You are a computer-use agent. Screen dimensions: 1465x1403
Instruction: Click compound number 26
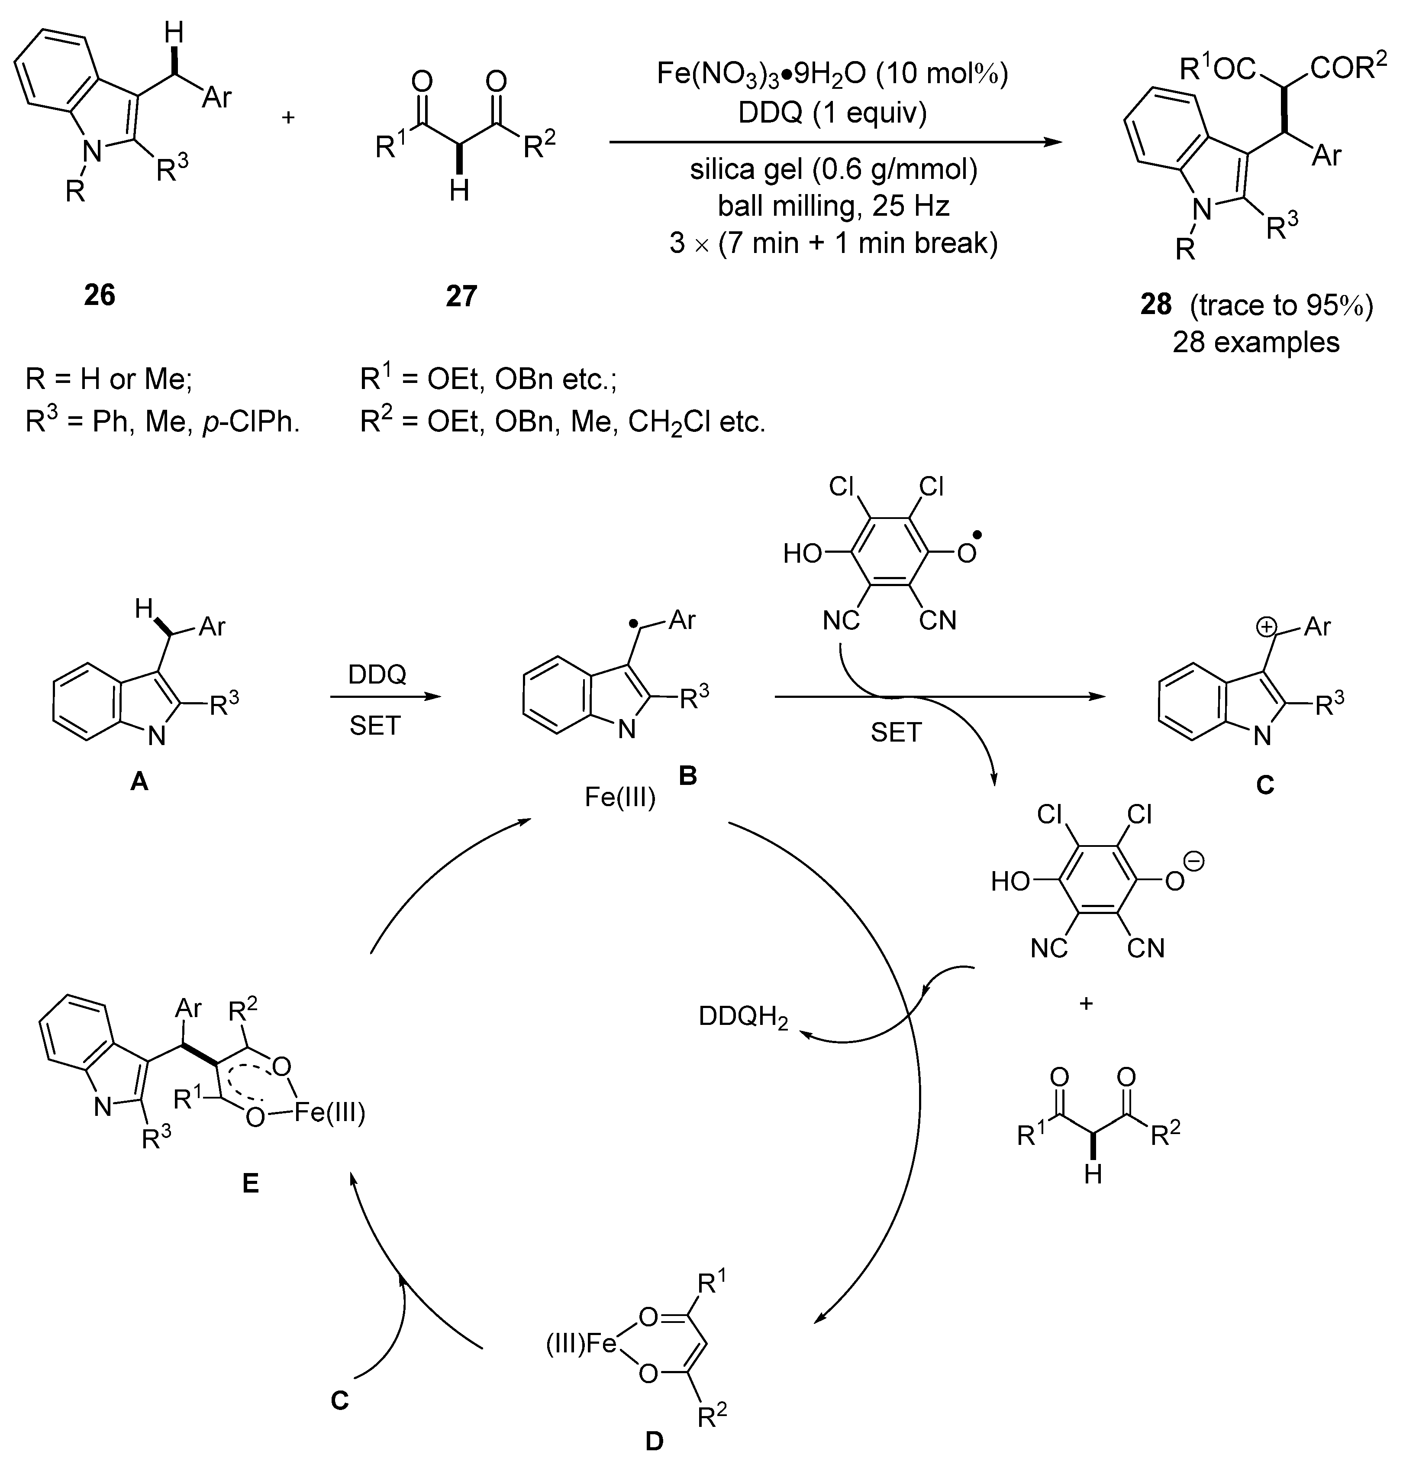pyautogui.click(x=100, y=295)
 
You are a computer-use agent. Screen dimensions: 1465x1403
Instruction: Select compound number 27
pyautogui.click(x=461, y=296)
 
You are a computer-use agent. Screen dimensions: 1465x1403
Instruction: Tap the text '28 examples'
pyautogui.click(x=1256, y=342)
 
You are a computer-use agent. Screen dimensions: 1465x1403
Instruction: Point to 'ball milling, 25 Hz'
pyautogui.click(x=833, y=206)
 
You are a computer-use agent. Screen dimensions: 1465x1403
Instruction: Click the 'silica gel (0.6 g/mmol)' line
pyautogui.click(x=833, y=170)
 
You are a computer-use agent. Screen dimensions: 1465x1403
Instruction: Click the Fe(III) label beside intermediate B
pyautogui.click(x=619, y=797)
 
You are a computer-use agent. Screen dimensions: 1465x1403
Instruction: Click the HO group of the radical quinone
pyautogui.click(x=802, y=554)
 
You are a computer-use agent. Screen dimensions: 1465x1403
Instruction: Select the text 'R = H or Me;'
pyautogui.click(x=109, y=380)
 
